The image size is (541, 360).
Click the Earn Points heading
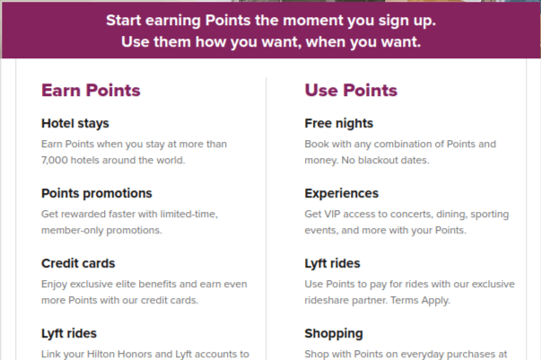click(91, 91)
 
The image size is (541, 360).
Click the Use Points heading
click(351, 91)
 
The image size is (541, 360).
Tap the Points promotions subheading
click(97, 193)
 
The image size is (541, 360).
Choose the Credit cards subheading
click(78, 263)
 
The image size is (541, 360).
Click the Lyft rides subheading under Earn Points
click(68, 333)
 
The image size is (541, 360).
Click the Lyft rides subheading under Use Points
click(332, 263)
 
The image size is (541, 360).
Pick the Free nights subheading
click(339, 123)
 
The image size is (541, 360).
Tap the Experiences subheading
click(342, 193)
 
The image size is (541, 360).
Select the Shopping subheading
click(334, 333)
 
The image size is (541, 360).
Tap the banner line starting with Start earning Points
click(270, 19)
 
